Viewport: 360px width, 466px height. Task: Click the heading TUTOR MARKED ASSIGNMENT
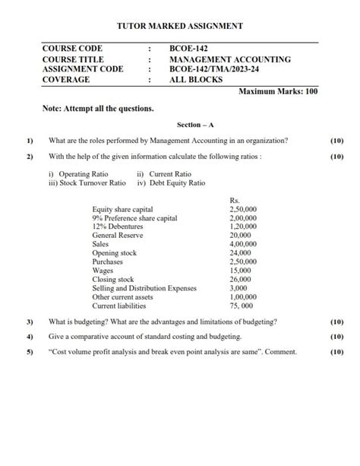click(x=180, y=26)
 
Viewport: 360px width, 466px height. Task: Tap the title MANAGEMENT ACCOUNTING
click(x=230, y=59)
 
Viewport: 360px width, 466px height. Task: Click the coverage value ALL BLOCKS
click(x=194, y=79)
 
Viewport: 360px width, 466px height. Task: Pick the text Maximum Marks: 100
click(x=278, y=91)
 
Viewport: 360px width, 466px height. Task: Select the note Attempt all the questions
click(x=99, y=109)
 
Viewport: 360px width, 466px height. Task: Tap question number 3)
click(x=30, y=322)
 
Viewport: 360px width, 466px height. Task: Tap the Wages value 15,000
click(x=240, y=271)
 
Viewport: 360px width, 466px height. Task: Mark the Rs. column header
click(x=235, y=200)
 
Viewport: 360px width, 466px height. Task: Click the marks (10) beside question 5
click(x=337, y=352)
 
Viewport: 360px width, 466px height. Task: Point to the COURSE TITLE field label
click(x=73, y=59)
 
